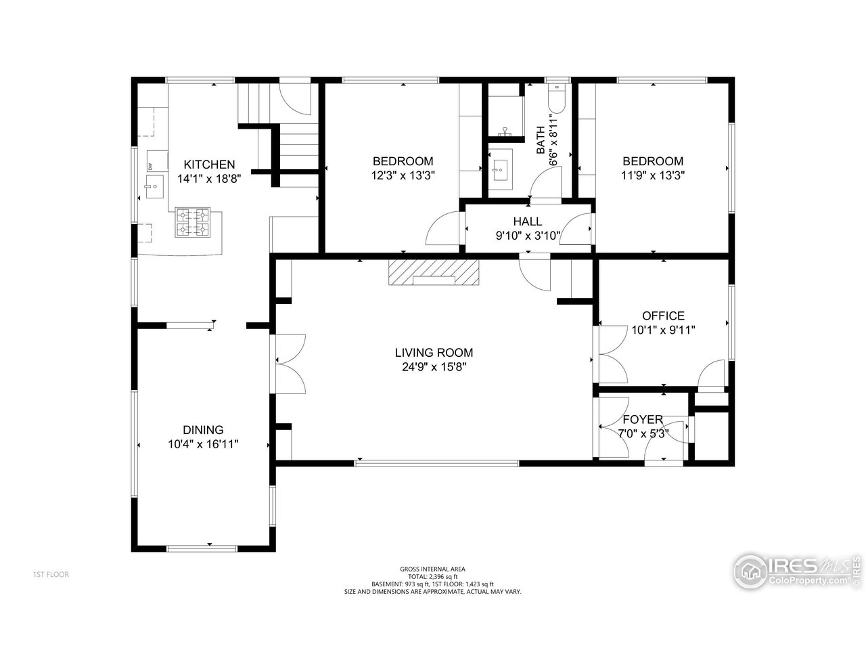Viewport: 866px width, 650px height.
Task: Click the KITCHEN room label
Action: tap(209, 165)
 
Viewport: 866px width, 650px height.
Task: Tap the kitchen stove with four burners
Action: tap(194, 223)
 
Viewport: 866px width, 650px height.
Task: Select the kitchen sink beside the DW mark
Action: tap(154, 184)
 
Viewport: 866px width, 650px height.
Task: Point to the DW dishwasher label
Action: tap(150, 167)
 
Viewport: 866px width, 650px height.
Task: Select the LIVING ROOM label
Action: tap(434, 353)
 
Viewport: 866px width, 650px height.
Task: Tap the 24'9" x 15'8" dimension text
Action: tap(434, 367)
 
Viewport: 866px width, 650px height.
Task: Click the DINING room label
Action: tap(203, 430)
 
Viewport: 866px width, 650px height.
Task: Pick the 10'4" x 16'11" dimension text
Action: tap(203, 444)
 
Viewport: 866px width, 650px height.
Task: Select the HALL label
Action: tap(527, 221)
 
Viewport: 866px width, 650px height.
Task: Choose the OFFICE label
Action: tap(663, 316)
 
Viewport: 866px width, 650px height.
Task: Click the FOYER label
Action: tap(643, 420)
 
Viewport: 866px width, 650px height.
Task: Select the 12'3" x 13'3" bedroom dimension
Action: tap(403, 175)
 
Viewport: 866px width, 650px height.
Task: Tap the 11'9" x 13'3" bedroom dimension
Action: tap(653, 175)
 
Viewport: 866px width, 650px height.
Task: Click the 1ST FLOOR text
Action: tap(51, 575)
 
